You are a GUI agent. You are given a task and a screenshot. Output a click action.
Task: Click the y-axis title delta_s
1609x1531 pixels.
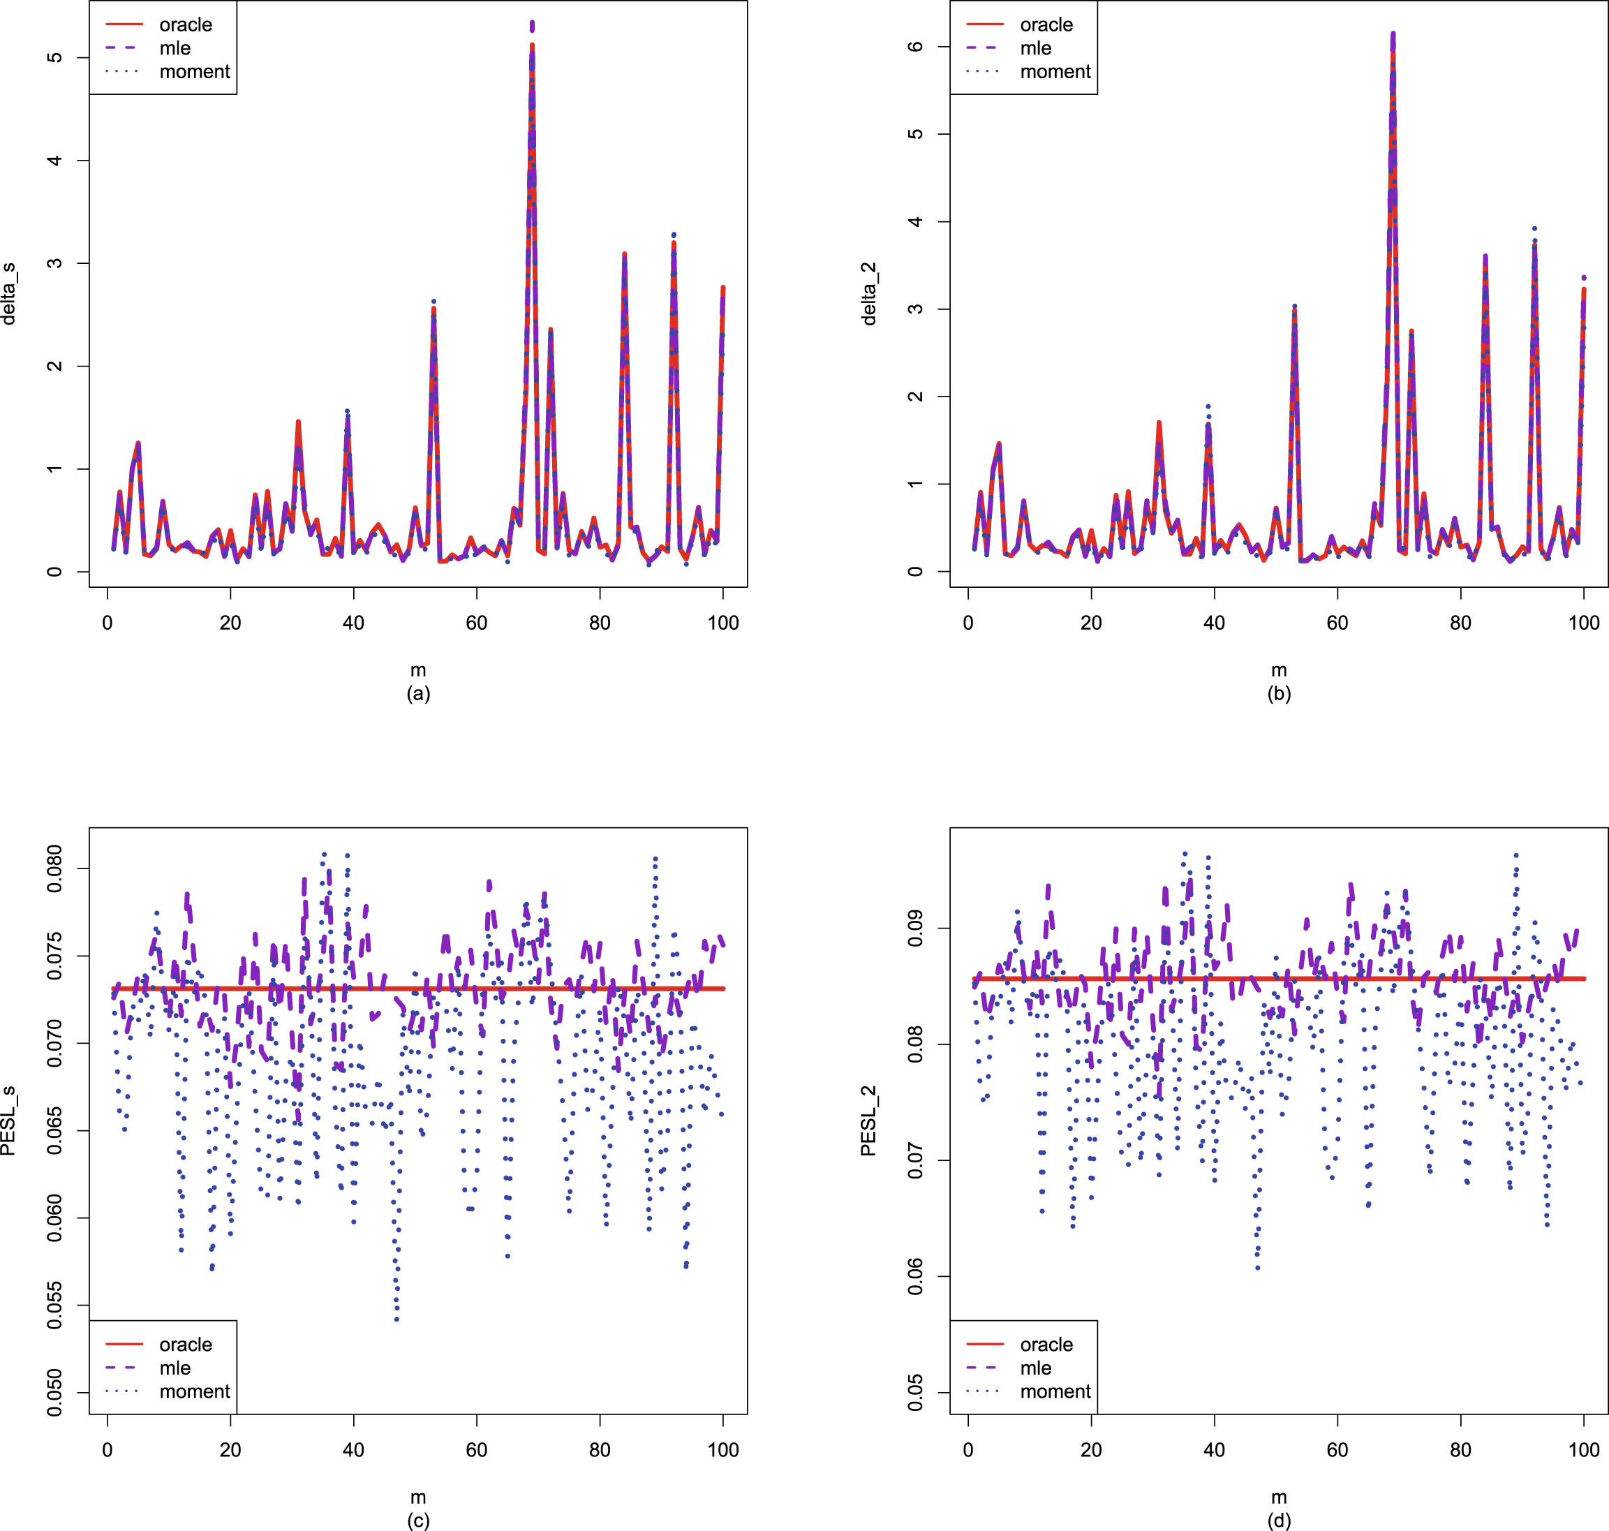(x=10, y=294)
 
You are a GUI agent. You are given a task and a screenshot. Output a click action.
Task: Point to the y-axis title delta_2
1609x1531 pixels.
(x=870, y=294)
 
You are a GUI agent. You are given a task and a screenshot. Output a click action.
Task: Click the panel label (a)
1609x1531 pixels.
(x=417, y=694)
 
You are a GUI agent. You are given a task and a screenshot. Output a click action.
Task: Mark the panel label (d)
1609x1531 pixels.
(x=1279, y=1520)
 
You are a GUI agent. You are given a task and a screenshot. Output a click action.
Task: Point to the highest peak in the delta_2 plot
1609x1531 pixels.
(x=1393, y=35)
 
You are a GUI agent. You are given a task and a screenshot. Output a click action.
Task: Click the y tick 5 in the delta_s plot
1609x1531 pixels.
(x=54, y=57)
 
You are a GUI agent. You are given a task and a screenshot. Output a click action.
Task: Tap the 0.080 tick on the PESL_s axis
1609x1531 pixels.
(x=54, y=868)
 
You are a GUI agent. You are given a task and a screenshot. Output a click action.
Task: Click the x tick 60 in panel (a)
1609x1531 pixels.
(x=477, y=623)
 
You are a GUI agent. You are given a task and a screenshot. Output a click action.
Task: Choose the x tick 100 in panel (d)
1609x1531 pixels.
(x=1584, y=1450)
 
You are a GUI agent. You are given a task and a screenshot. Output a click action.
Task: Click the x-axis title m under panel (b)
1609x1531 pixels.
(x=1279, y=670)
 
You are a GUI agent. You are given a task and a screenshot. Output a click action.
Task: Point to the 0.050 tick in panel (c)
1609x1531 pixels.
(x=54, y=1393)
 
